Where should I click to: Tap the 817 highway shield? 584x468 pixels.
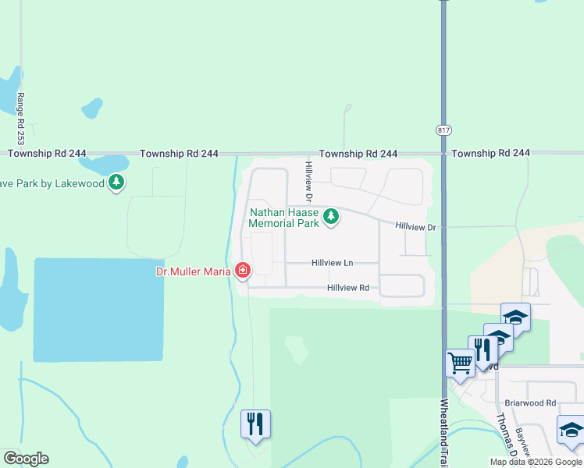pos(443,131)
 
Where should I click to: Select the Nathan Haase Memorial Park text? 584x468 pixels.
pos(284,218)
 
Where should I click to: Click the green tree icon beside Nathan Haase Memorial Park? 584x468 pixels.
pos(331,216)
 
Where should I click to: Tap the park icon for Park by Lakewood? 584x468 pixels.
pos(116,183)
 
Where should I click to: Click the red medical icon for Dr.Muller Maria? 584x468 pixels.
pos(243,271)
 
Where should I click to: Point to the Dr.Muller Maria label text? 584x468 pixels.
pos(193,271)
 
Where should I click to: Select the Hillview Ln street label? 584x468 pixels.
pos(332,264)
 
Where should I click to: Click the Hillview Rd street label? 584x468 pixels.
pos(348,288)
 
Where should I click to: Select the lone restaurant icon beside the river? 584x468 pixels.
pos(255,423)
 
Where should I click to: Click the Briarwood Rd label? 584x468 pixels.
pos(529,403)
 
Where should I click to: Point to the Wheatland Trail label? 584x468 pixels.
pos(444,429)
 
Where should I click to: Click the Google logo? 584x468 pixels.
pos(25,459)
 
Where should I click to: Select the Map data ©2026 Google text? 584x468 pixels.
pos(536,462)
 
